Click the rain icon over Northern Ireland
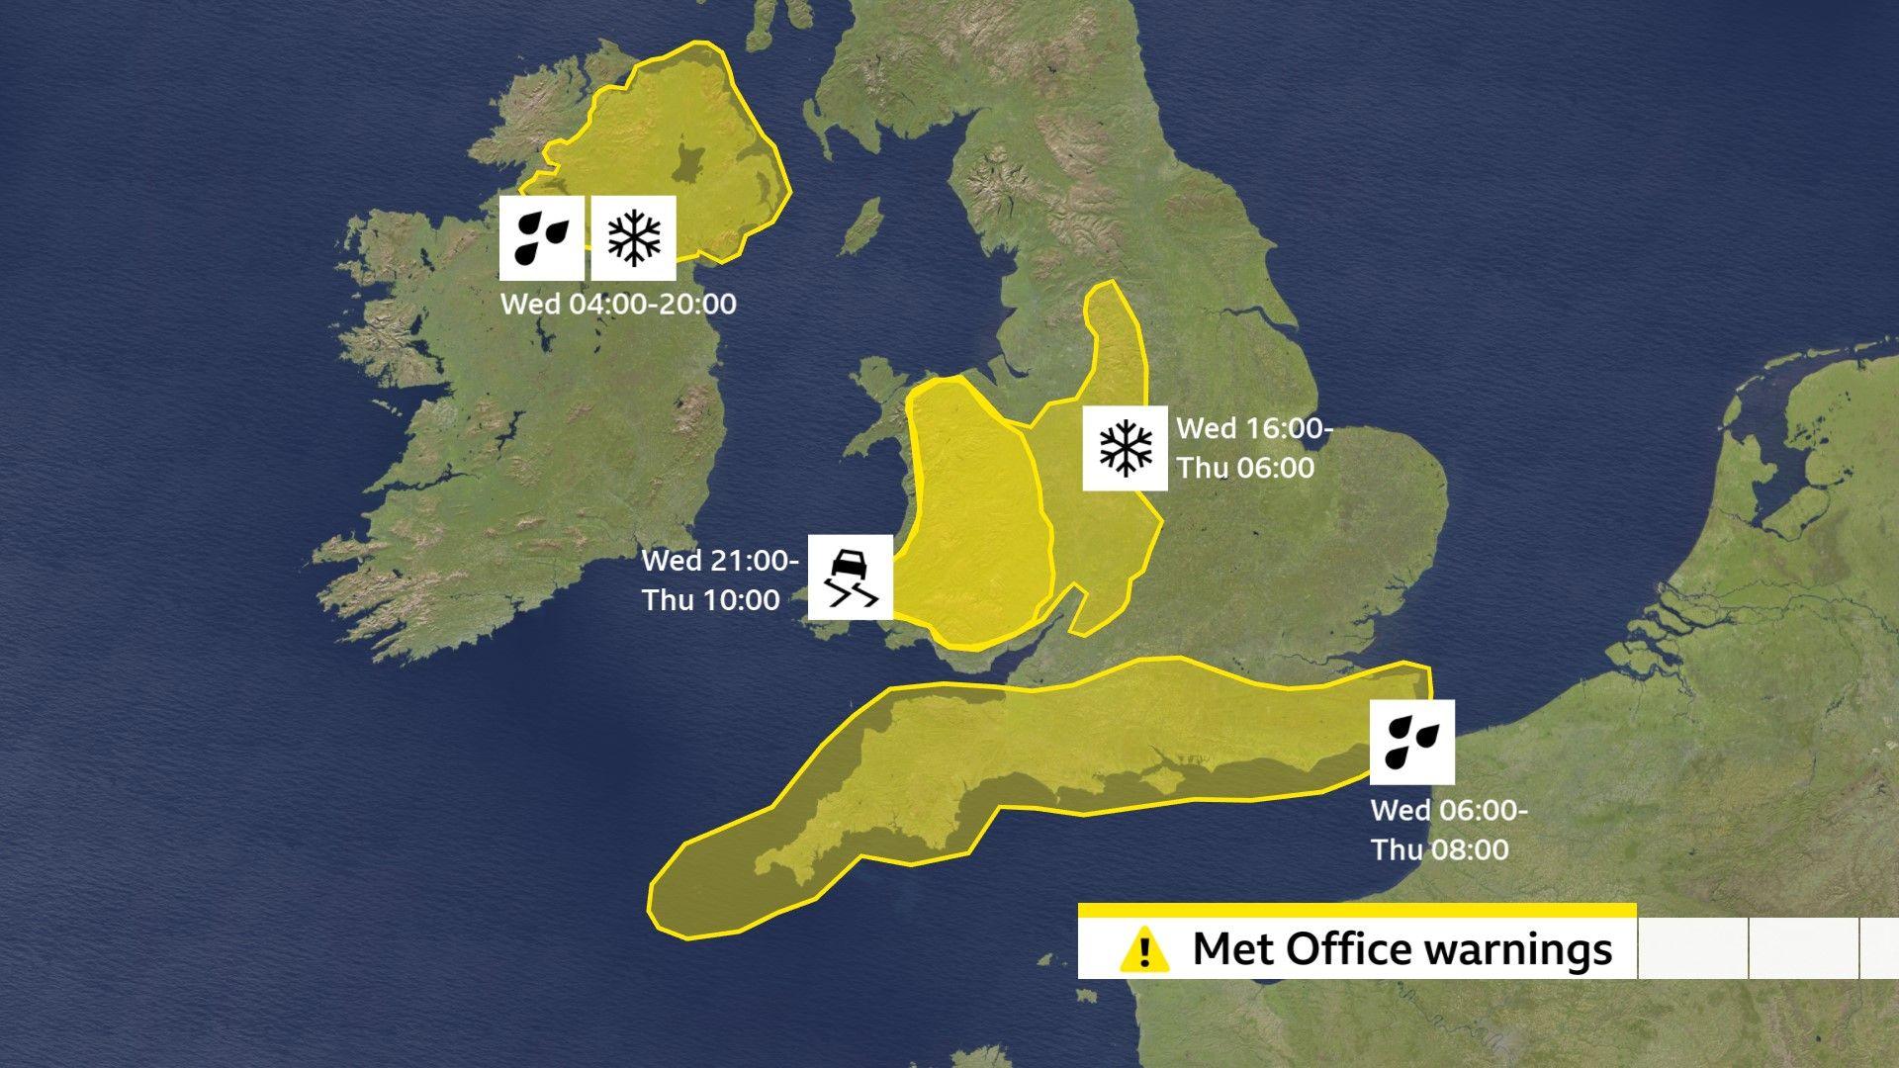pyautogui.click(x=541, y=237)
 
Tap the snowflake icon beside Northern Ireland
pyautogui.click(x=634, y=237)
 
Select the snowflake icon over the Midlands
pyautogui.click(x=1125, y=448)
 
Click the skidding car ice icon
pyautogui.click(x=851, y=578)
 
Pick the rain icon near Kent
pyautogui.click(x=1411, y=742)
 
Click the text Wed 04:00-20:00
pyautogui.click(x=618, y=304)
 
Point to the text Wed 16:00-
pyautogui.click(x=1254, y=428)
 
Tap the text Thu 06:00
pyautogui.click(x=1245, y=468)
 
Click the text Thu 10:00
pyautogui.click(x=710, y=600)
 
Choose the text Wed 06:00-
pyautogui.click(x=1449, y=810)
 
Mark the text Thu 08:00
pyautogui.click(x=1439, y=849)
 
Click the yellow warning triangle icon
pyautogui.click(x=1144, y=949)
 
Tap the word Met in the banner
pyautogui.click(x=1234, y=948)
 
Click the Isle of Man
pyautogui.click(x=865, y=224)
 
